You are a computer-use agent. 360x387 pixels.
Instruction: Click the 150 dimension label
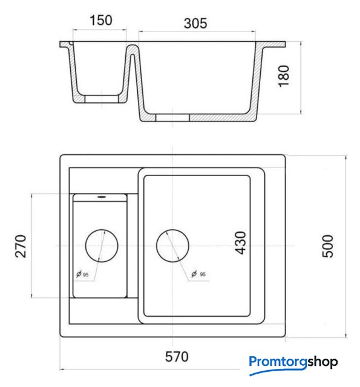[x=101, y=20]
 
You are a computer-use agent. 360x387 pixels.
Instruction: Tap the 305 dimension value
[x=195, y=24]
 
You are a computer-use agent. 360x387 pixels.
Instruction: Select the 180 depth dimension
[x=284, y=76]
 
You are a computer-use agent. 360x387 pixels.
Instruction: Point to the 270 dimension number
[x=21, y=246]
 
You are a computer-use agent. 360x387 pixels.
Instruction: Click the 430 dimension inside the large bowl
[x=240, y=242]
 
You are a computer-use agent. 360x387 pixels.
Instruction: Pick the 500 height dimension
[x=328, y=246]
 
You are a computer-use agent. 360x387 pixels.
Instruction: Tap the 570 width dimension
[x=177, y=357]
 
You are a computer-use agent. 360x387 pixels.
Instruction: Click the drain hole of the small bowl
[x=102, y=246]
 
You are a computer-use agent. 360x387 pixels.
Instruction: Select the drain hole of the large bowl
[x=172, y=246]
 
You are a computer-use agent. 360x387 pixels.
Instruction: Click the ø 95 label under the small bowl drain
[x=82, y=274]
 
